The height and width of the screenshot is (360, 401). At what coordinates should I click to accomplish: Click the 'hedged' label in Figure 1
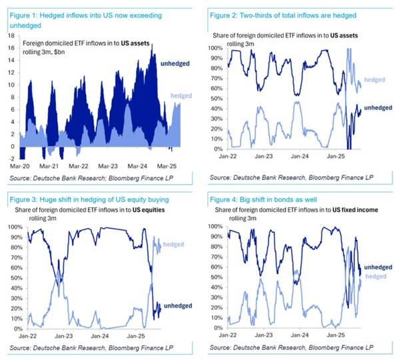click(181, 96)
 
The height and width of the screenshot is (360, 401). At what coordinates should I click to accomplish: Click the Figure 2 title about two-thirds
click(288, 15)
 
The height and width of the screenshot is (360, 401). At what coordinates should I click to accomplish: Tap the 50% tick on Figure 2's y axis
click(215, 98)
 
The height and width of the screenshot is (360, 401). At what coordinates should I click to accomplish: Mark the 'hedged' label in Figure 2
click(375, 79)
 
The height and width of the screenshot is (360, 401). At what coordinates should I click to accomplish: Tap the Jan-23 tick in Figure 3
click(64, 337)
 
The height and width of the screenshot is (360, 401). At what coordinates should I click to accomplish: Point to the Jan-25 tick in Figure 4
click(349, 337)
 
